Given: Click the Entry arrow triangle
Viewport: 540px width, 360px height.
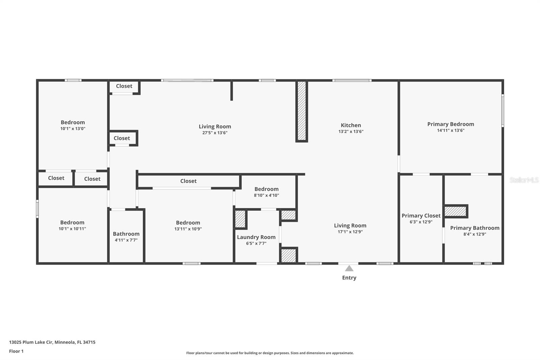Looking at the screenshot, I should pyautogui.click(x=349, y=268).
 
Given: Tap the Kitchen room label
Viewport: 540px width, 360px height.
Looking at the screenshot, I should pyautogui.click(x=351, y=125).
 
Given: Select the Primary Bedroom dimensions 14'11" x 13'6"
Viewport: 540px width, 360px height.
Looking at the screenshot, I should pyautogui.click(x=451, y=130).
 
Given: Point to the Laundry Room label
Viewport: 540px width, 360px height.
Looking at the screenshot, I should pyautogui.click(x=256, y=237).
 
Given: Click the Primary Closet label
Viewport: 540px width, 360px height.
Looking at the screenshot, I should pyautogui.click(x=421, y=215).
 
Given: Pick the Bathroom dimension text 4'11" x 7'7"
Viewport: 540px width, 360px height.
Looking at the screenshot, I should pyautogui.click(x=126, y=240).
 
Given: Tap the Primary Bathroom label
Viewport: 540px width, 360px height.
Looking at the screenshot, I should pyautogui.click(x=475, y=228).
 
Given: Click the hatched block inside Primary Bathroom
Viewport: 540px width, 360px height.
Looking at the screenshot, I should pyautogui.click(x=455, y=211).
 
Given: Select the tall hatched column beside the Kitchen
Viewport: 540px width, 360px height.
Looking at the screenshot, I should pyautogui.click(x=302, y=111).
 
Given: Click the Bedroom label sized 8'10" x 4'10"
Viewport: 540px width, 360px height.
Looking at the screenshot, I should pyautogui.click(x=266, y=189).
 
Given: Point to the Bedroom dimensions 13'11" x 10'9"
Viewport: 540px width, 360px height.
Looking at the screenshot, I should pyautogui.click(x=188, y=229).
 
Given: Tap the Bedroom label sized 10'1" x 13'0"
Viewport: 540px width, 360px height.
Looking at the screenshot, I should pyautogui.click(x=73, y=122).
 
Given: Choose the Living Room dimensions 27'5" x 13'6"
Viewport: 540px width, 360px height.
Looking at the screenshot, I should pyautogui.click(x=215, y=133).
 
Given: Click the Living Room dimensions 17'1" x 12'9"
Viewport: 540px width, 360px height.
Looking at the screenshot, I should pyautogui.click(x=350, y=232).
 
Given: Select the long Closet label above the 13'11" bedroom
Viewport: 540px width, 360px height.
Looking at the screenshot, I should pyautogui.click(x=188, y=181).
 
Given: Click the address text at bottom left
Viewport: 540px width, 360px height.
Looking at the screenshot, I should pyautogui.click(x=52, y=342).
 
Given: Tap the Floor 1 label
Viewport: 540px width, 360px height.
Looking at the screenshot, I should pyautogui.click(x=16, y=351).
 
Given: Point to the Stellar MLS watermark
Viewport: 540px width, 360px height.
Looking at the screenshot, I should pyautogui.click(x=524, y=180).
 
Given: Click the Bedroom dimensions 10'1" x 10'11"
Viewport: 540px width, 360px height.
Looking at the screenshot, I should pyautogui.click(x=72, y=229).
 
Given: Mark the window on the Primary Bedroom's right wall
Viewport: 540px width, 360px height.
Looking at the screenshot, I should pyautogui.click(x=503, y=110).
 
